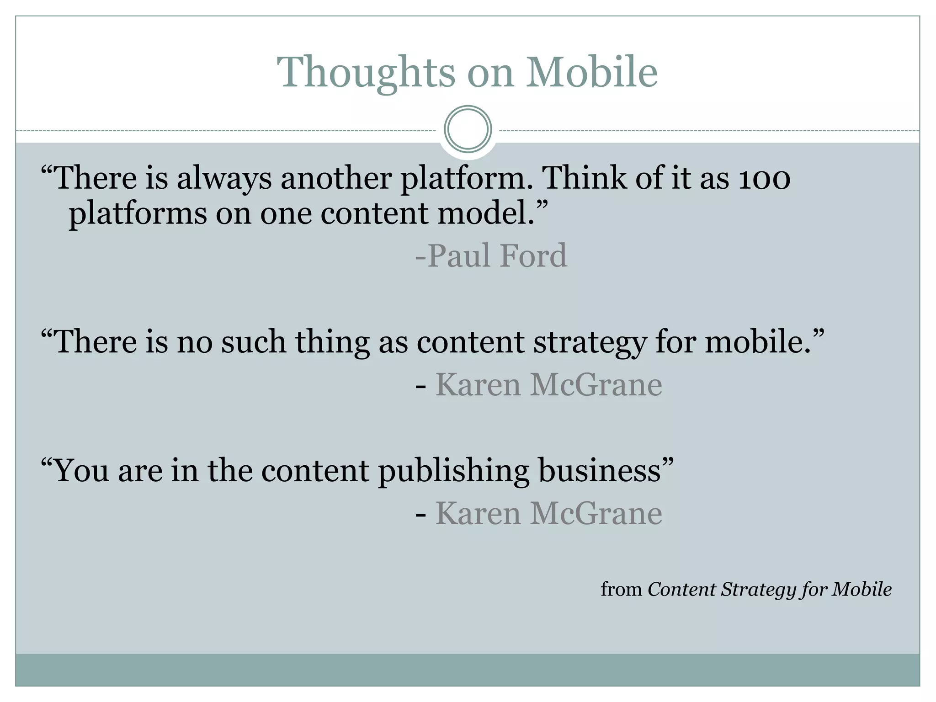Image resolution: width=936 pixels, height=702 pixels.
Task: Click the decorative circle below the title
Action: [468, 129]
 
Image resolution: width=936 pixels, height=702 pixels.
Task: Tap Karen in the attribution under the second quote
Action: [478, 385]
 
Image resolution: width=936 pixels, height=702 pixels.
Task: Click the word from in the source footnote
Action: [621, 590]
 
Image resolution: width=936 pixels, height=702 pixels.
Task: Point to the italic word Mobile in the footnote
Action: [862, 589]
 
